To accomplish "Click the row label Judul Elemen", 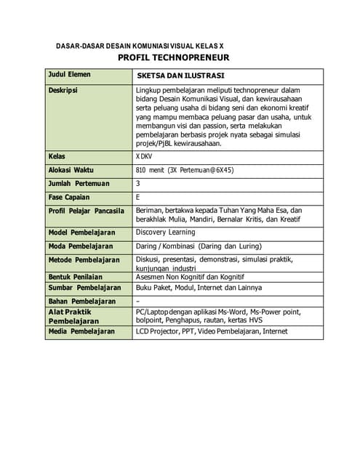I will (x=69, y=75).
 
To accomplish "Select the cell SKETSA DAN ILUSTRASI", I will (x=180, y=76).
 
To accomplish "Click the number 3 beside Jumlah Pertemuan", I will (x=138, y=183).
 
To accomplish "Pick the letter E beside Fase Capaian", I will (x=138, y=197).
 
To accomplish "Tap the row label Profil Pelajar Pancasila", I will (x=86, y=211).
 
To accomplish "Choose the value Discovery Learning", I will (x=165, y=232).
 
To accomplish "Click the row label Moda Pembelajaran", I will (x=80, y=246).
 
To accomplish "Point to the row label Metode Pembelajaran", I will (x=83, y=259).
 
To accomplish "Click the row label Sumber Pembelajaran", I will (x=84, y=288).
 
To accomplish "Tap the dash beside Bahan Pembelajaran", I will (x=138, y=301).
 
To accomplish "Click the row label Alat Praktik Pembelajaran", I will (x=73, y=316).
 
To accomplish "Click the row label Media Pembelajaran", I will (x=81, y=331).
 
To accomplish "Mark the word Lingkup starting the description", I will (x=150, y=90).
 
